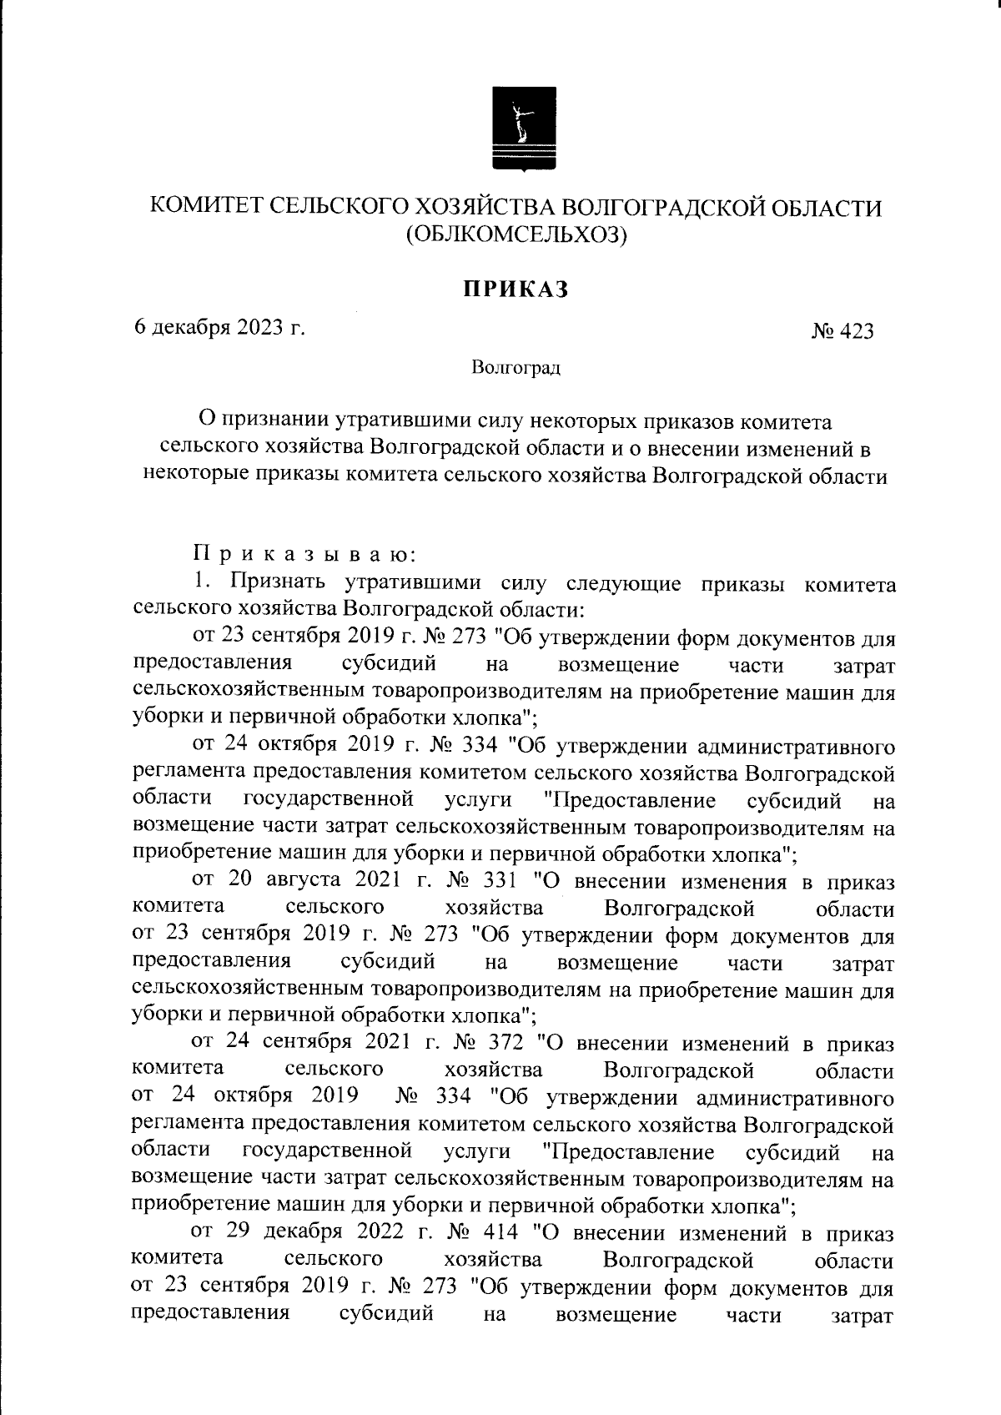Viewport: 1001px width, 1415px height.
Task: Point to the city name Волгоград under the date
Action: pyautogui.click(x=516, y=366)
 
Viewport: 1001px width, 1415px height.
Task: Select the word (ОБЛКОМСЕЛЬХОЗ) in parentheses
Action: pyautogui.click(x=516, y=236)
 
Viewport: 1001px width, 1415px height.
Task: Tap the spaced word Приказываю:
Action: pyautogui.click(x=299, y=552)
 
